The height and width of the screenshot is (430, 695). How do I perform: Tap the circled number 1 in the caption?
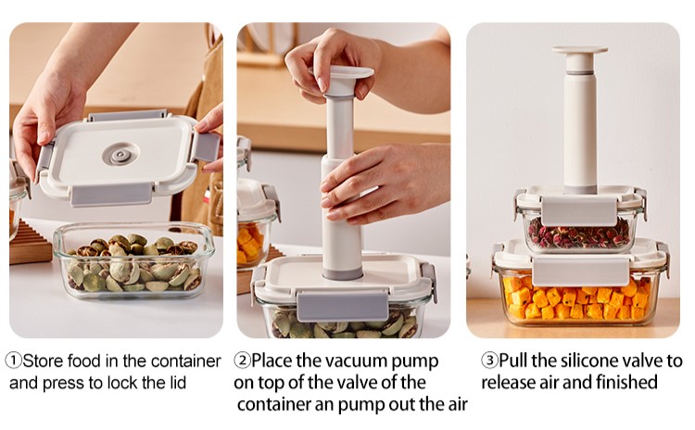click(x=13, y=360)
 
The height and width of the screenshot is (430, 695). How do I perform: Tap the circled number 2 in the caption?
click(x=242, y=360)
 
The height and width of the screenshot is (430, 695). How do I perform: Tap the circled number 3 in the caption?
click(x=489, y=360)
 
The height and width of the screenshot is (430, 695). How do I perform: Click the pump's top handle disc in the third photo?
click(x=579, y=50)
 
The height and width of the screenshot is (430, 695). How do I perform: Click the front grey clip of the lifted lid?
click(x=111, y=195)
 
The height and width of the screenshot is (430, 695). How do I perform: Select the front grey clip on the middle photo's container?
click(x=343, y=306)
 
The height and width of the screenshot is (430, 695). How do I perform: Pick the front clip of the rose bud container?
click(x=578, y=211)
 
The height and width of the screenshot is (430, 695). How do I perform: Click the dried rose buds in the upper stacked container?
click(x=579, y=234)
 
